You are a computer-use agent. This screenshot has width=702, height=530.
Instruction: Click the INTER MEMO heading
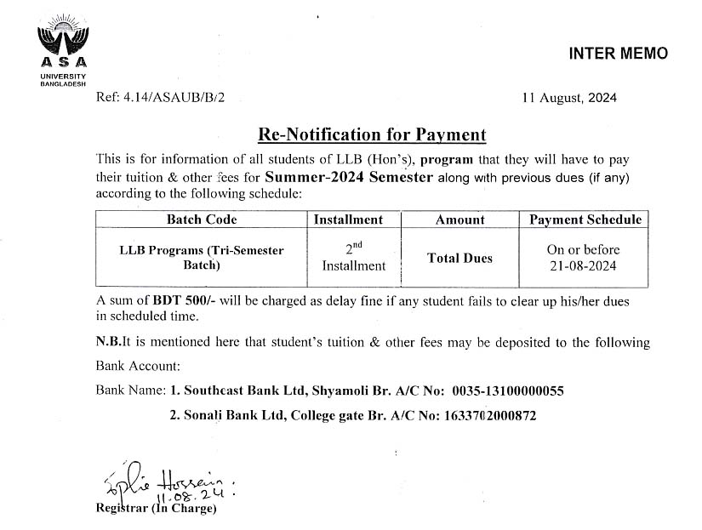pos(618,54)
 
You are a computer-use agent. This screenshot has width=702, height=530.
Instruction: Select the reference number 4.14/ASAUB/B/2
pos(175,98)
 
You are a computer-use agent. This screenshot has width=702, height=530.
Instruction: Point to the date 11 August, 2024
pos(569,98)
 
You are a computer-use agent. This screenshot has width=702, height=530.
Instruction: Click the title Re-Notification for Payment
pos(372,134)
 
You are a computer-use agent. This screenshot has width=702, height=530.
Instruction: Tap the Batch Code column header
pos(202,219)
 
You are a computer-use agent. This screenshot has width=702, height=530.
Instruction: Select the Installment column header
pos(353,219)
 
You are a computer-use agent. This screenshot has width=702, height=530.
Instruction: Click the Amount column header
pos(459,219)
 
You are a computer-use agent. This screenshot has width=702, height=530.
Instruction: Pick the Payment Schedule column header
pos(585,219)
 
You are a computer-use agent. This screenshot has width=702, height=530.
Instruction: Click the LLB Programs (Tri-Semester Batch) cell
pos(202,258)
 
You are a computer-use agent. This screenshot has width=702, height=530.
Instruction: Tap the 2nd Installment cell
pos(353,257)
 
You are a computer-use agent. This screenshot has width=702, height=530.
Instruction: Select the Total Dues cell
pos(459,259)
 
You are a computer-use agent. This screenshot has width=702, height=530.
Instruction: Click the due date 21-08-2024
pos(583,265)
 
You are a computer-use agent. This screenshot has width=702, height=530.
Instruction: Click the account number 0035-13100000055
pos(508,391)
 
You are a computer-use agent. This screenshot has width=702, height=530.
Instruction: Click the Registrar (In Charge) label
pos(157,509)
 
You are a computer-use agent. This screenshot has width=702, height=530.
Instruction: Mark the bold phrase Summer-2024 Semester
pos(350,178)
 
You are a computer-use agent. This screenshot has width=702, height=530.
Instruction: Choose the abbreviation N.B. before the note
pos(108,343)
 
